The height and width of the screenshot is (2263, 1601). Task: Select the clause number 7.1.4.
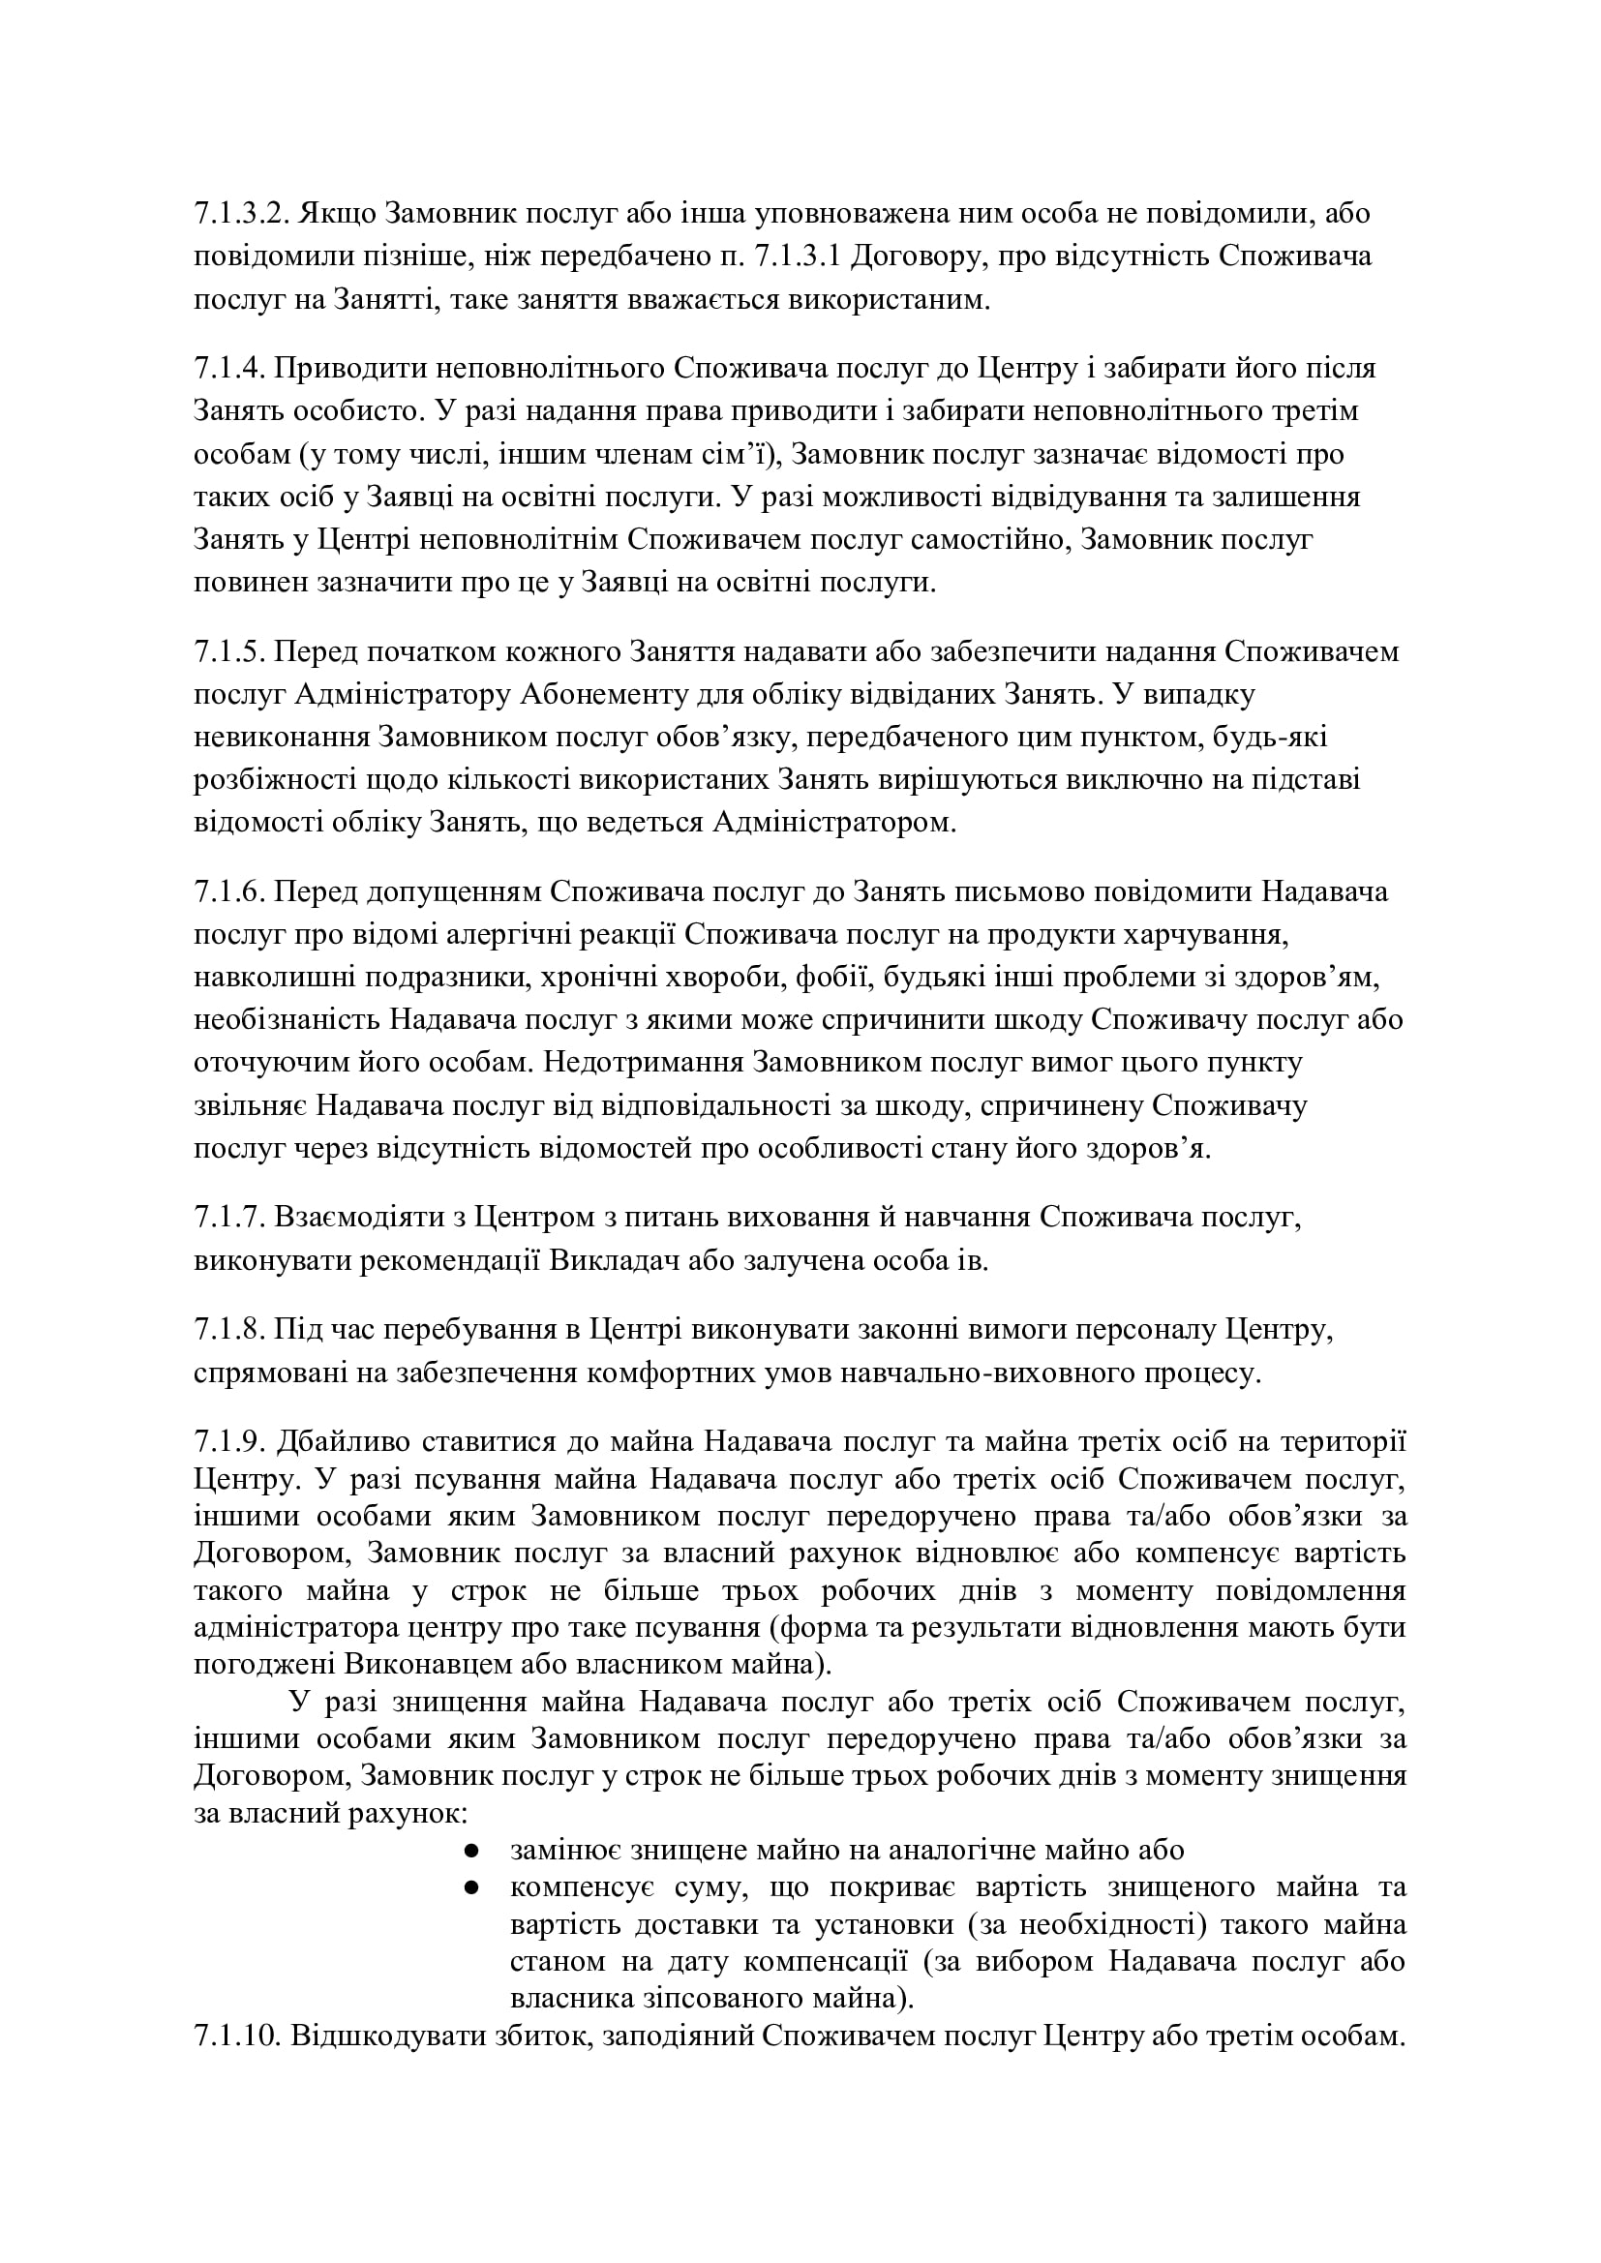[x=228, y=369]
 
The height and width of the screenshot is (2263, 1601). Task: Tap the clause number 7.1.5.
[x=228, y=652]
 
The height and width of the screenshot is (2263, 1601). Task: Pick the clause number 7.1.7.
[x=228, y=1220]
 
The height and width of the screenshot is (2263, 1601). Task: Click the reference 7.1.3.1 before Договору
[x=797, y=257]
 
